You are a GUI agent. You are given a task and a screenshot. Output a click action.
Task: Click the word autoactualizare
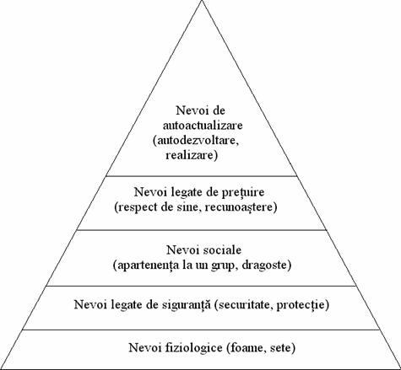click(203, 125)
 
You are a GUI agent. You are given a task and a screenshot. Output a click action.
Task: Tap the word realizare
click(192, 155)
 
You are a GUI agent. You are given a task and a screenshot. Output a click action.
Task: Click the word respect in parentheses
click(134, 207)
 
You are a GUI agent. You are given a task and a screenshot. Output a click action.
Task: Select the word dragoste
click(267, 265)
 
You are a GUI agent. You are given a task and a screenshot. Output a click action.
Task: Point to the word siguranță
click(186, 305)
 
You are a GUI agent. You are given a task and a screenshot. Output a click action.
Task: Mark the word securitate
click(244, 305)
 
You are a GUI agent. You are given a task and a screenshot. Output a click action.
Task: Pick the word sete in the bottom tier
click(283, 348)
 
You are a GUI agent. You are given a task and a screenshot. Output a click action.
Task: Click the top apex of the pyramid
click(202, 1)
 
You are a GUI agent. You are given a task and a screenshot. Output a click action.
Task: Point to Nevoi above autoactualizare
click(191, 110)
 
